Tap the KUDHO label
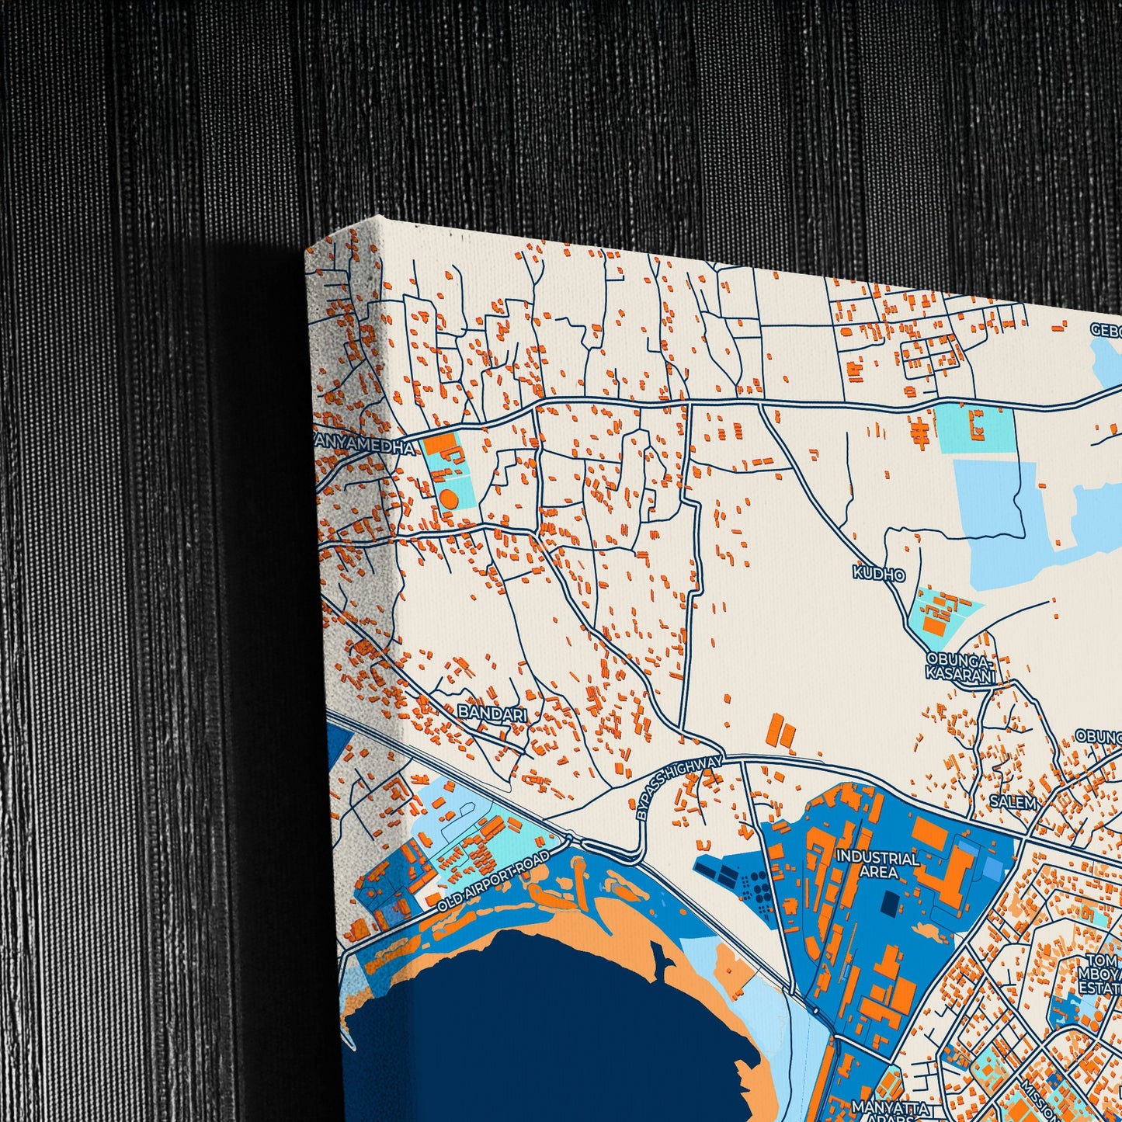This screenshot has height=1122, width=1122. pos(879,574)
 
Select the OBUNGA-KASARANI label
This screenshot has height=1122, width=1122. pos(960,668)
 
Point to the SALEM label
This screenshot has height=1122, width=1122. pos(1014,802)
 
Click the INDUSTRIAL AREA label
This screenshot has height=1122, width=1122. pos(877,865)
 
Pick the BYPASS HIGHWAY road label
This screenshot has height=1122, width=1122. pos(679,787)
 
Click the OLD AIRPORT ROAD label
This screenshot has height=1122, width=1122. pos(494,881)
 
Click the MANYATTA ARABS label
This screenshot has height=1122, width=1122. pos(878,1112)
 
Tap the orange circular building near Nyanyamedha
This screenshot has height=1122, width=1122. pos(448,498)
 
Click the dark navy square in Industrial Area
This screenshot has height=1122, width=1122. pos(889,902)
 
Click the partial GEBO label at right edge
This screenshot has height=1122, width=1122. pos(1106,329)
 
